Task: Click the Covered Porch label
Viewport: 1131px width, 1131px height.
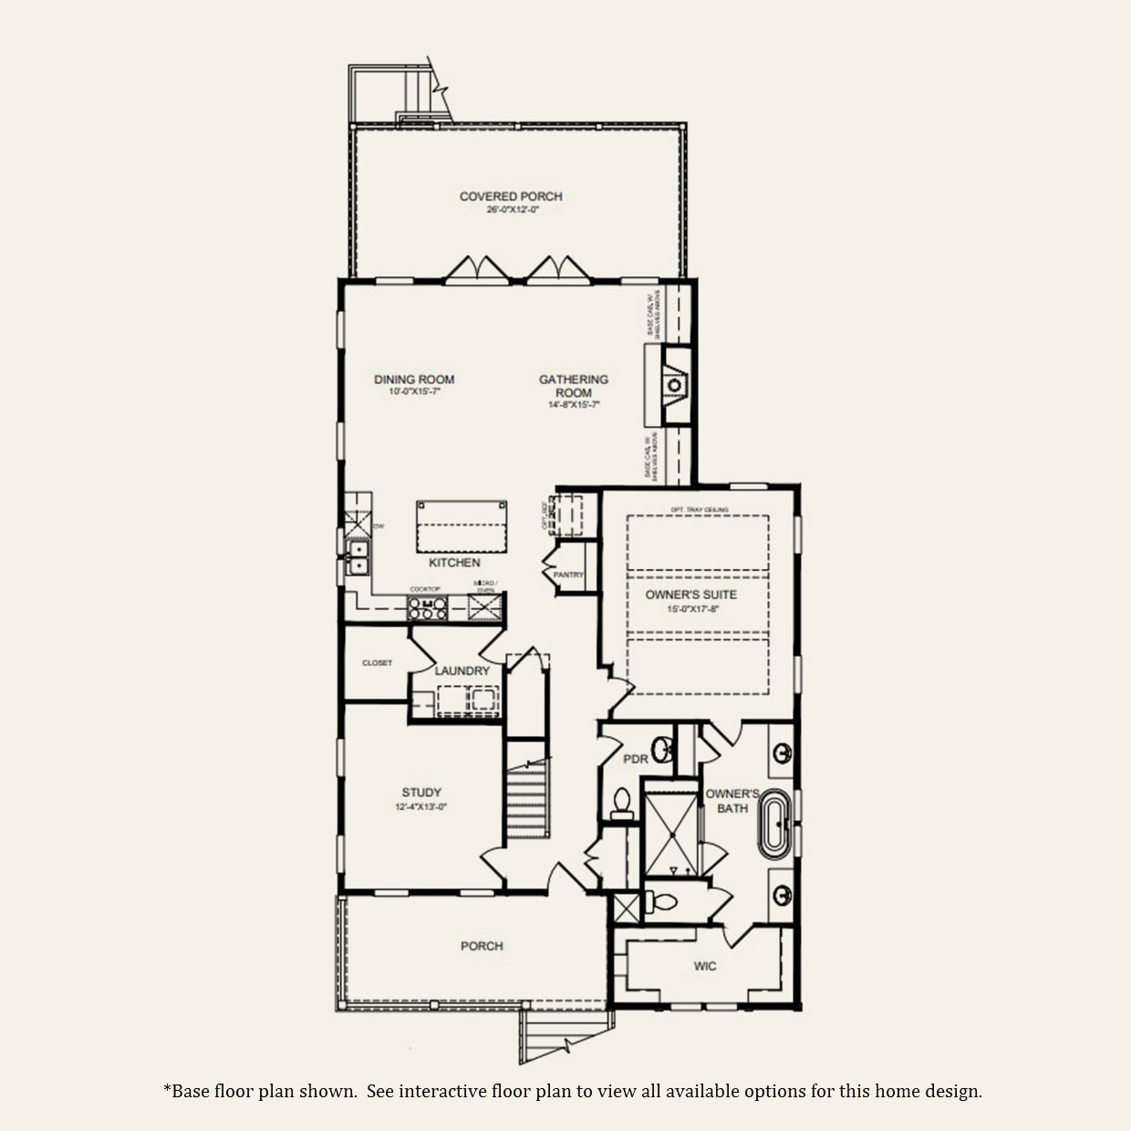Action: (511, 196)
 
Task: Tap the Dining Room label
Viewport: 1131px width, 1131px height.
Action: (414, 379)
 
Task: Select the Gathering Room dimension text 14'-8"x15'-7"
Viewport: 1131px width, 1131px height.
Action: (574, 405)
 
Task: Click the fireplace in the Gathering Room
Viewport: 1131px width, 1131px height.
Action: (675, 385)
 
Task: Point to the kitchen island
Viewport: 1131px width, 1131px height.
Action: (462, 526)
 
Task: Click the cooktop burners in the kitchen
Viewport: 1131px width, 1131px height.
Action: (427, 607)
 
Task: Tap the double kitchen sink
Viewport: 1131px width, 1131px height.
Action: (358, 557)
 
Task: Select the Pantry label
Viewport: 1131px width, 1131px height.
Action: (568, 576)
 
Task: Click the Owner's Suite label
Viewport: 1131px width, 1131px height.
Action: (691, 595)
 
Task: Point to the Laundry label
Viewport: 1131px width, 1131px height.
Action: (462, 671)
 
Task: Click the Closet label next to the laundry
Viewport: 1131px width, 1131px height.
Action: (377, 663)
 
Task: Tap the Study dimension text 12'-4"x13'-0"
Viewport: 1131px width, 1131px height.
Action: (421, 807)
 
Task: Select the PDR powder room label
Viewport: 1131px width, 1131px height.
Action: (636, 759)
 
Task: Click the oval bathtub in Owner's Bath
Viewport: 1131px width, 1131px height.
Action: (774, 823)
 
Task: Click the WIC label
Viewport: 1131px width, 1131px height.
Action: (705, 966)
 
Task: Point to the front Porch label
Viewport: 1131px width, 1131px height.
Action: (482, 946)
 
